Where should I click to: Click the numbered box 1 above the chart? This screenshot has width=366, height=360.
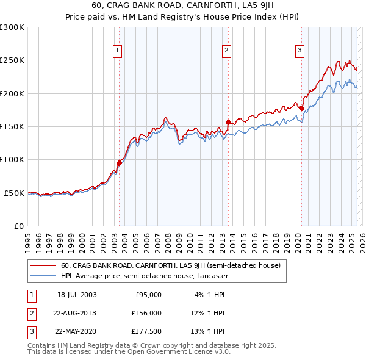tap(117, 51)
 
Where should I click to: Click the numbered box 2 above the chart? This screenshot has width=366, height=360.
tap(226, 51)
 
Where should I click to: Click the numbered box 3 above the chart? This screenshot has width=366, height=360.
tap(300, 51)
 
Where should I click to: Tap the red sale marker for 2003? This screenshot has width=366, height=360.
tap(120, 163)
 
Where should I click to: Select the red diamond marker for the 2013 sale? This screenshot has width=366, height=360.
tap(228, 122)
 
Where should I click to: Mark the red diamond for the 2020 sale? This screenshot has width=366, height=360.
tap(301, 108)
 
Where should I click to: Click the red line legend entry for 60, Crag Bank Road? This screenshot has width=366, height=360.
tap(170, 265)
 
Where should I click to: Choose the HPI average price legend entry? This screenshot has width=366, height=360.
tap(145, 276)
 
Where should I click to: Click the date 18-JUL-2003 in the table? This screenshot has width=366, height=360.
tap(77, 295)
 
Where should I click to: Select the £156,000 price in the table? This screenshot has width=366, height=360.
tap(147, 313)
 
